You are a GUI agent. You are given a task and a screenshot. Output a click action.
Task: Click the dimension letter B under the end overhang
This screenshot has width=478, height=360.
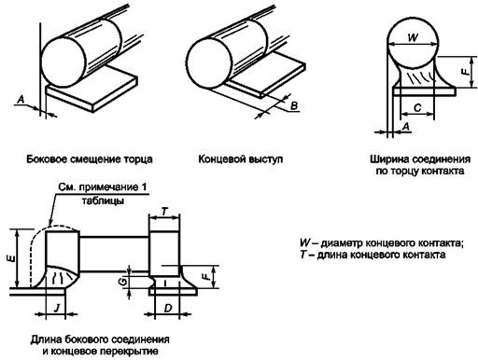294,106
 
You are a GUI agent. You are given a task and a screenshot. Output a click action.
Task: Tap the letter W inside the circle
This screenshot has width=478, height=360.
413,37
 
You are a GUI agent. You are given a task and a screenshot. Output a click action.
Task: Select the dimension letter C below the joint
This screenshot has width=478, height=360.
417,107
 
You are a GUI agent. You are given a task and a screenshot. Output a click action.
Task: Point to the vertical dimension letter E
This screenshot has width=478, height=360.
12,258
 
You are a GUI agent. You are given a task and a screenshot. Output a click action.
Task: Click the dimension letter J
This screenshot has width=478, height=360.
57,309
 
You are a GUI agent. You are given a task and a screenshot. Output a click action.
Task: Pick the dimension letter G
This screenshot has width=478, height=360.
123,282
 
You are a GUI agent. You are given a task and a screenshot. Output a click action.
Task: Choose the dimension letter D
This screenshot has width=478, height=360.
168,309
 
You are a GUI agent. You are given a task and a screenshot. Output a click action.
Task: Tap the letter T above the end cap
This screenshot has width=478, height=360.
165,212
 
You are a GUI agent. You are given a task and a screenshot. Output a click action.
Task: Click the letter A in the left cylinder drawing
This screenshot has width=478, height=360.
21,100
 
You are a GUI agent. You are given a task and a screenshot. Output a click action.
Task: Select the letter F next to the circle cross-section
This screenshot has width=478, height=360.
464,72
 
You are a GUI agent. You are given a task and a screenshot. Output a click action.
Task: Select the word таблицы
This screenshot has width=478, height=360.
103,201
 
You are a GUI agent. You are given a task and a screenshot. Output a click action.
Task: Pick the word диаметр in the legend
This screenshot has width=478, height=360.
342,242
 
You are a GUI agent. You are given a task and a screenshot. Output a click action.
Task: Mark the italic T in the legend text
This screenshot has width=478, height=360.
303,255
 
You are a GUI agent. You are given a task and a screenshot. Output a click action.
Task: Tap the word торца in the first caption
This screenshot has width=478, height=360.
138,159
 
